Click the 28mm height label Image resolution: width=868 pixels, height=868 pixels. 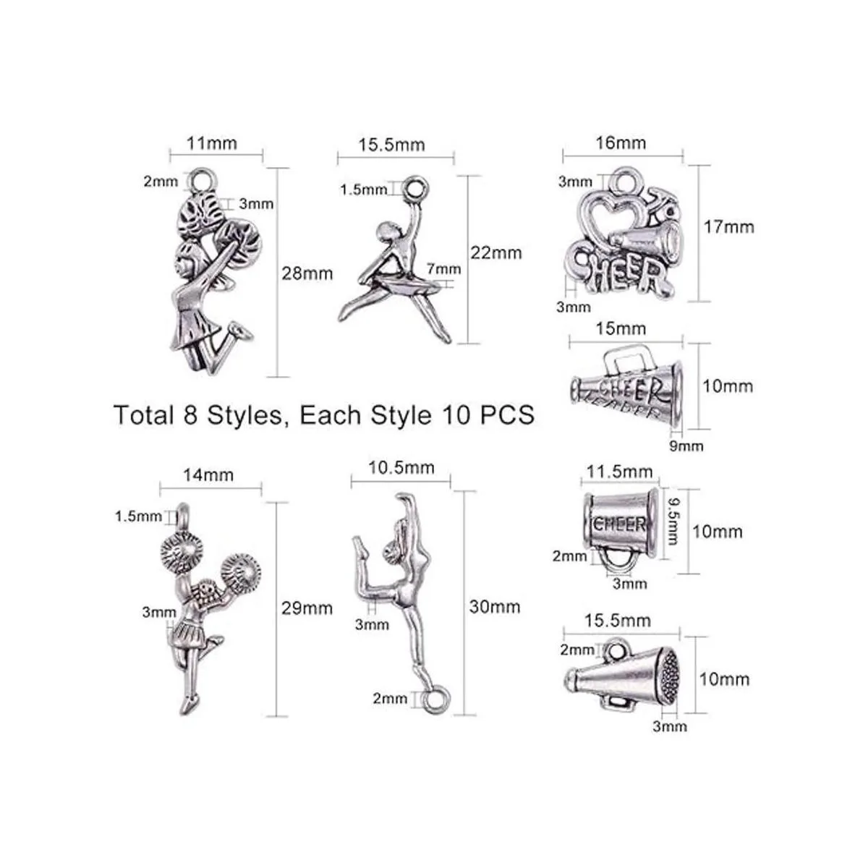pyautogui.click(x=307, y=273)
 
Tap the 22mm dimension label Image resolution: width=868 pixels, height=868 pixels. pyautogui.click(x=496, y=252)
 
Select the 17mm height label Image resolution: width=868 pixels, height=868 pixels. pyautogui.click(x=729, y=226)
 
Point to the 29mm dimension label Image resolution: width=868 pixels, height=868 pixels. pyautogui.click(x=307, y=608)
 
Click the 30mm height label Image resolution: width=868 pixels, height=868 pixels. pyautogui.click(x=495, y=607)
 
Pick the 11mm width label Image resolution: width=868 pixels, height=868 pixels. pyautogui.click(x=212, y=143)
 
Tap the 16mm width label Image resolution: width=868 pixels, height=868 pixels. pyautogui.click(x=621, y=142)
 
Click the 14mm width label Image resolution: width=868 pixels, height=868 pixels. pyautogui.click(x=208, y=475)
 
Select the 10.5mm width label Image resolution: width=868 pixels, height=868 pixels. pyautogui.click(x=401, y=467)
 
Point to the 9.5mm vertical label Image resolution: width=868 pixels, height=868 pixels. pyautogui.click(x=672, y=521)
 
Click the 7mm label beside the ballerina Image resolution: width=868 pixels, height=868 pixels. pyautogui.click(x=443, y=269)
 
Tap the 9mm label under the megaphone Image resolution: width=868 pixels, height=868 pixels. pyautogui.click(x=686, y=446)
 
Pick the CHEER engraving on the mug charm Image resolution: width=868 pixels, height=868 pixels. pyautogui.click(x=620, y=524)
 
